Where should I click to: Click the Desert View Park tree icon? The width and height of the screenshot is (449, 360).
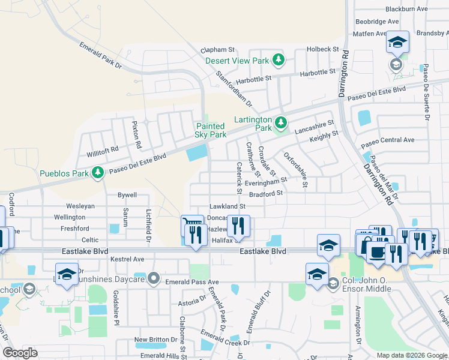pos(278,60)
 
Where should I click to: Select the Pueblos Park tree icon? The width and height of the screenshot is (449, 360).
pos(97,174)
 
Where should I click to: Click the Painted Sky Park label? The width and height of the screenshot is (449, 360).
pos(210,130)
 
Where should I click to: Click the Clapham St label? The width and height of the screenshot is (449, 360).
pos(217,50)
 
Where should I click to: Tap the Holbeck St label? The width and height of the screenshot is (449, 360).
pos(323,49)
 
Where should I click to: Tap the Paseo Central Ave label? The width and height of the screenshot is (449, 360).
pos(387,140)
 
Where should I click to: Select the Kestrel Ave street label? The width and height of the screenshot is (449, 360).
pos(127,259)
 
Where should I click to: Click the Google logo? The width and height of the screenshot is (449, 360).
pos(20,353)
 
